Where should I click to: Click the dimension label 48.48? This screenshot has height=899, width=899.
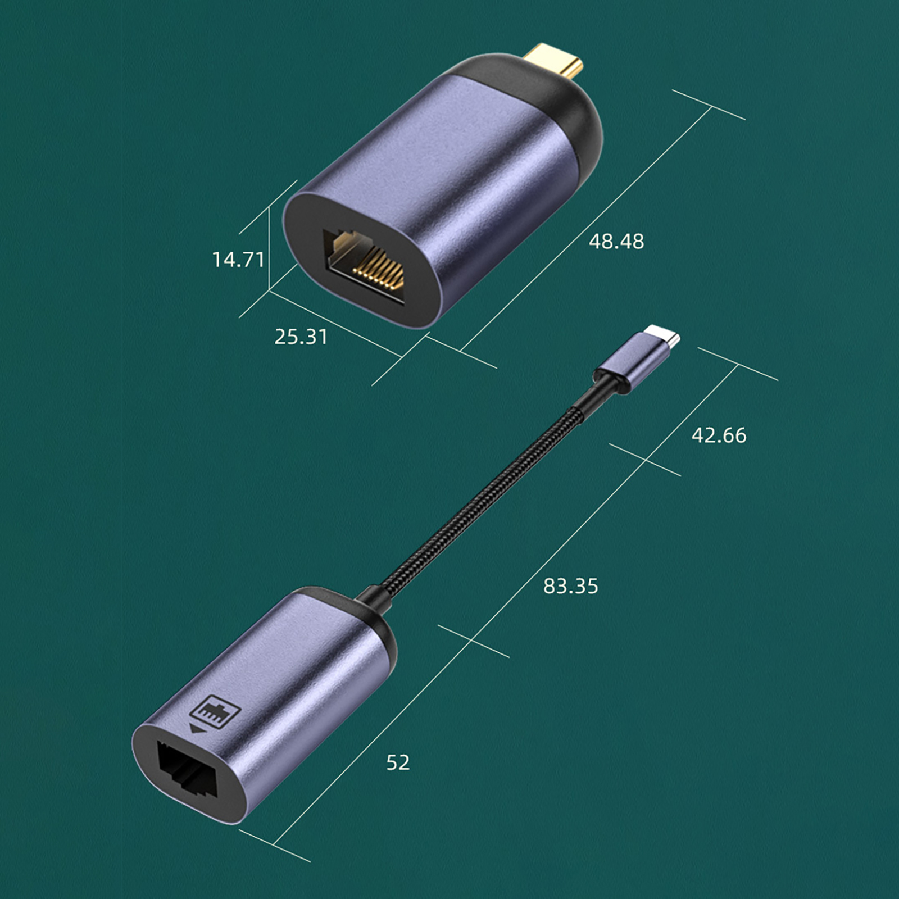click(616, 242)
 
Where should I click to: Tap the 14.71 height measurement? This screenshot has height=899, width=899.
click(238, 260)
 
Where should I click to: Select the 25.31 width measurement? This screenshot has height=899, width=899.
click(301, 337)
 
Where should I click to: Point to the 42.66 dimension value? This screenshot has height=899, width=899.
click(719, 435)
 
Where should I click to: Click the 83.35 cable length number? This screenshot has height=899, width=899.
click(570, 587)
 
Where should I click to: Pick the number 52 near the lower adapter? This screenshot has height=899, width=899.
click(398, 762)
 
